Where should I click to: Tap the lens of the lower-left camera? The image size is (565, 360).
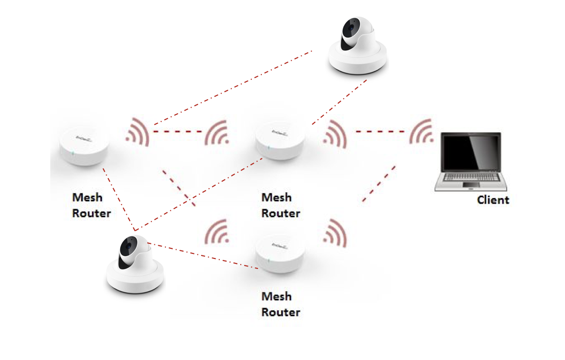pyautogui.click(x=129, y=246)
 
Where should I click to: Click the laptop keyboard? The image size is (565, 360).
pyautogui.click(x=470, y=177)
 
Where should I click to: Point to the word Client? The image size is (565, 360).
pyautogui.click(x=493, y=200)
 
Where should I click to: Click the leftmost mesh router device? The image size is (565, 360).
pyautogui.click(x=84, y=146)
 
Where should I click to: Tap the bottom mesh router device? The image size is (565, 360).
pyautogui.click(x=280, y=253)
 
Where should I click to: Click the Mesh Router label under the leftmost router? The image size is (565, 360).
pyautogui.click(x=91, y=206)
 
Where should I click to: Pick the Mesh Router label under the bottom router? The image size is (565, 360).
pyautogui.click(x=280, y=305)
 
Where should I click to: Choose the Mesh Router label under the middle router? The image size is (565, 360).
pyautogui.click(x=280, y=206)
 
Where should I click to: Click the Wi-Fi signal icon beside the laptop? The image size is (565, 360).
pyautogui.click(x=422, y=132)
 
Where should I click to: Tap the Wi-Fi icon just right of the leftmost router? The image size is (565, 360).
pyautogui.click(x=138, y=132)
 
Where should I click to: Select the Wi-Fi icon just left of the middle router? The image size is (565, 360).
pyautogui.click(x=217, y=133)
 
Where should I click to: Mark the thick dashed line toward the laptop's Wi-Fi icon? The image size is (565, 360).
pyautogui.click(x=380, y=132)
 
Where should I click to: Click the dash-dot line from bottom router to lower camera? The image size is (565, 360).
pyautogui.click(x=203, y=256)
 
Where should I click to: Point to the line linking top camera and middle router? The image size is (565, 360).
pyautogui.click(x=339, y=102)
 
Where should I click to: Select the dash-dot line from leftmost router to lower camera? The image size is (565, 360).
pyautogui.click(x=119, y=199)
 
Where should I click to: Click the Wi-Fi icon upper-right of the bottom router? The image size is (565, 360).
pyautogui.click(x=335, y=233)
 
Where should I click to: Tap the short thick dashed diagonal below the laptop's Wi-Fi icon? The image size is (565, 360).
pyautogui.click(x=379, y=184)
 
